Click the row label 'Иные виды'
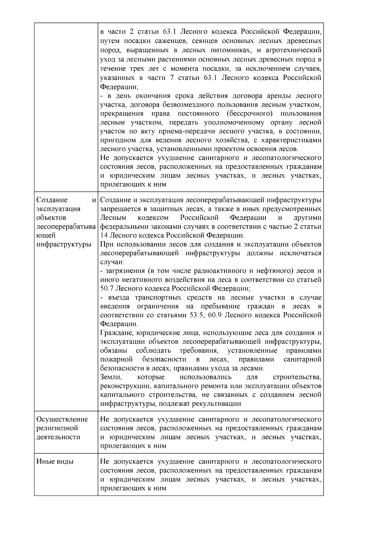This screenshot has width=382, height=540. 55,461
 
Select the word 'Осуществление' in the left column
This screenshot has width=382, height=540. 62,419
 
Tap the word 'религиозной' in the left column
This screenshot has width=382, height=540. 57,428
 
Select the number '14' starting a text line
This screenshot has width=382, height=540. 104,235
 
